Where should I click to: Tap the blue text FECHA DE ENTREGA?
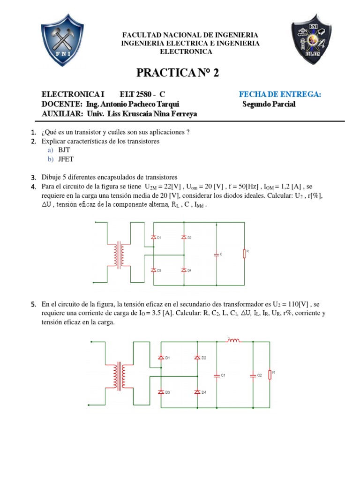pos(280,94)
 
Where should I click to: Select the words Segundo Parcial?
pos(269,104)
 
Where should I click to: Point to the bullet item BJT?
pos(63,150)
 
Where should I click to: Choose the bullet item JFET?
pos(65,159)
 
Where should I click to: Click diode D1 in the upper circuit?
pos(153,238)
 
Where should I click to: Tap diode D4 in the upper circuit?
pos(184,270)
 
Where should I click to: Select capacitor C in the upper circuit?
pos(216,254)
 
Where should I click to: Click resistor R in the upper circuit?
pos(244,254)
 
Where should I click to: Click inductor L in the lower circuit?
pos(233,340)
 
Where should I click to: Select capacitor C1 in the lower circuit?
pos(217,375)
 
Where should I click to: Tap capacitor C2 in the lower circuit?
pos(253,375)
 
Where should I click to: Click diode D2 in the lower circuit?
pos(197,358)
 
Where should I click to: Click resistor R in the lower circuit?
pos(270,375)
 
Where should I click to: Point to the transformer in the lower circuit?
pos(118,374)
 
